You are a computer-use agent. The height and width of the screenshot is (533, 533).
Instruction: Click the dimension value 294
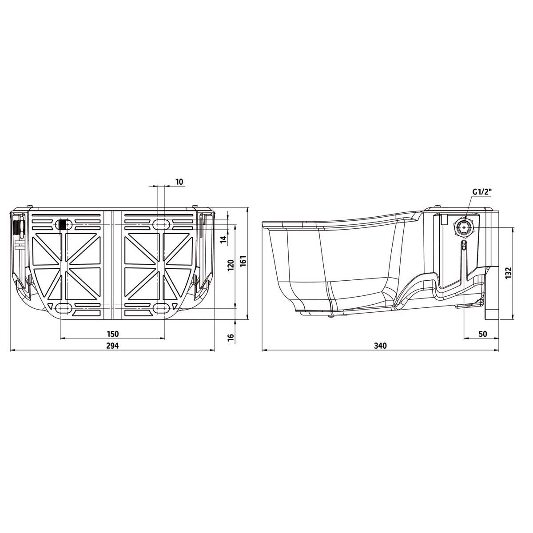(x=112, y=346)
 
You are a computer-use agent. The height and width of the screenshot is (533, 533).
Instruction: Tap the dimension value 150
(x=112, y=334)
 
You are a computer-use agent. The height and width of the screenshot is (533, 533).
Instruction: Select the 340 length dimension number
(x=380, y=346)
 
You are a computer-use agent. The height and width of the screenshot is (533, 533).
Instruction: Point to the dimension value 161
(x=243, y=261)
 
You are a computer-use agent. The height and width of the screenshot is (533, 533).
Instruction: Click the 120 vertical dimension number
(x=231, y=265)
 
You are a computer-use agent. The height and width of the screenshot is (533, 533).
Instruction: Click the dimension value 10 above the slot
(x=179, y=182)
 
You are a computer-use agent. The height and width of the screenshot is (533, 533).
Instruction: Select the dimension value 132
(x=509, y=273)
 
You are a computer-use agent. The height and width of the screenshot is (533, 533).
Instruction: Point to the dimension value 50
(x=483, y=334)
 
